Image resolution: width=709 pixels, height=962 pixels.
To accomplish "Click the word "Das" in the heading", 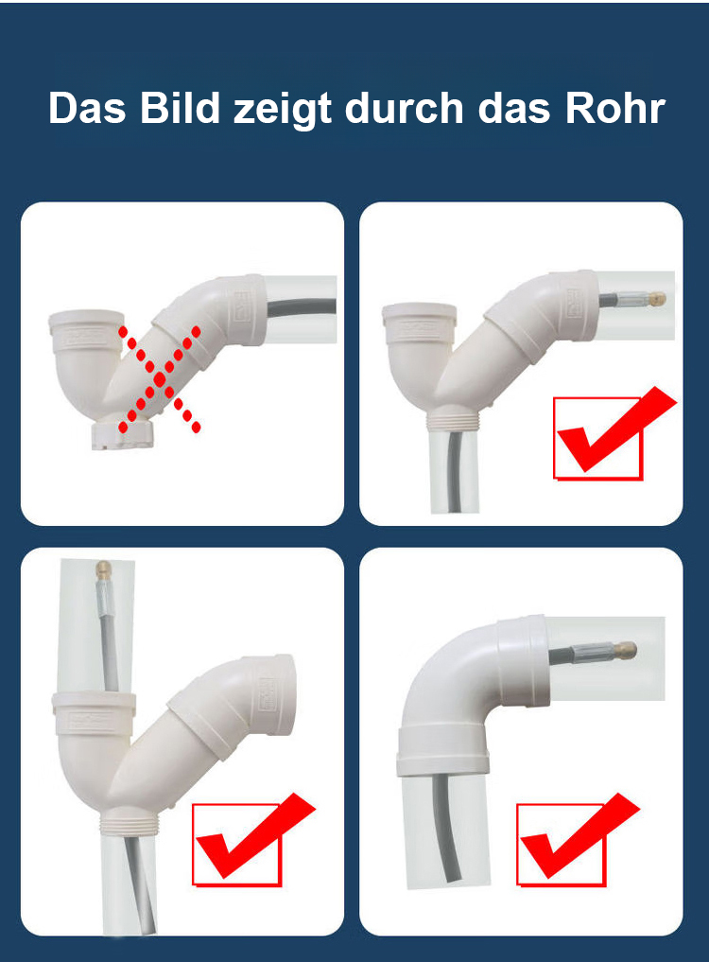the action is click(87, 109).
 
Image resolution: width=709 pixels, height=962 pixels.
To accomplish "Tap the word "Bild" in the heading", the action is click(180, 108).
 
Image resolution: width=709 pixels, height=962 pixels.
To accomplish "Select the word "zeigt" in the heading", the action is click(283, 111).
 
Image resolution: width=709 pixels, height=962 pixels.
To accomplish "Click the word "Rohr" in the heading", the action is click(615, 109).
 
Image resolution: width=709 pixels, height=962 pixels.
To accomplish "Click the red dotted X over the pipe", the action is click(160, 379).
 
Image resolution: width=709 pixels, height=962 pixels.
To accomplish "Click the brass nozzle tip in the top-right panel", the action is click(658, 300).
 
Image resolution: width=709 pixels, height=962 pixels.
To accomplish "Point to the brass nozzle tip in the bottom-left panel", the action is click(103, 568).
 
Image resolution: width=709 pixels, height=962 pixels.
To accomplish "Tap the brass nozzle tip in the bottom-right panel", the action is click(628, 651).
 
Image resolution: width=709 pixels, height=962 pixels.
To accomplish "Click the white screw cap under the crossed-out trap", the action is click(123, 434).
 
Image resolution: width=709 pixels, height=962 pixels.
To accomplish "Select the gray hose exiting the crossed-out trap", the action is click(302, 306).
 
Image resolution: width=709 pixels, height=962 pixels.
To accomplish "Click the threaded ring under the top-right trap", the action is click(453, 421).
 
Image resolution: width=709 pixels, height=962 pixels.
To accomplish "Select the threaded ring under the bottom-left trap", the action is click(130, 825).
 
